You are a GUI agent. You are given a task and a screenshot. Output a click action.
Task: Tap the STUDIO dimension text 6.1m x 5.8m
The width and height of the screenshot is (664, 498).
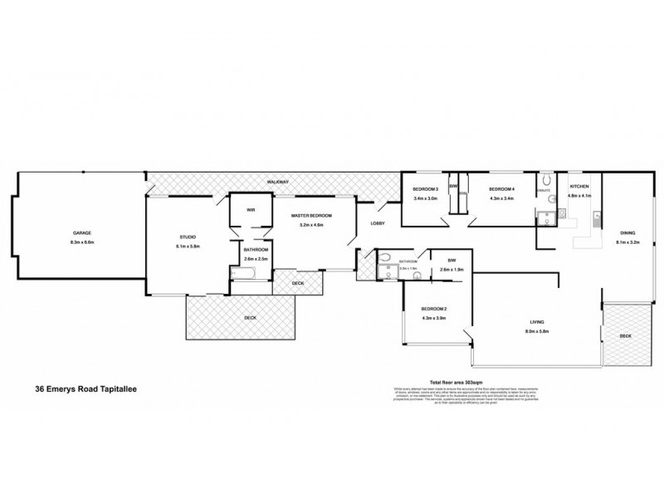188,247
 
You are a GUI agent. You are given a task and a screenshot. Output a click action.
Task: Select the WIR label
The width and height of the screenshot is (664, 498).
250,210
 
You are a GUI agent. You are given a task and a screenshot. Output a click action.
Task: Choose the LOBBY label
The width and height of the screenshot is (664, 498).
378,223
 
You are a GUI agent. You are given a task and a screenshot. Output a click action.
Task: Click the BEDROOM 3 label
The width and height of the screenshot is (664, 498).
425,190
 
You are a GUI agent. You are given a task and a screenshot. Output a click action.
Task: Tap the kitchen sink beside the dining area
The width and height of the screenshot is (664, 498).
597,221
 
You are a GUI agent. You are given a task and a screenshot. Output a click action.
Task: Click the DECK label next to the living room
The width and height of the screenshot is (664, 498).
625,335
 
